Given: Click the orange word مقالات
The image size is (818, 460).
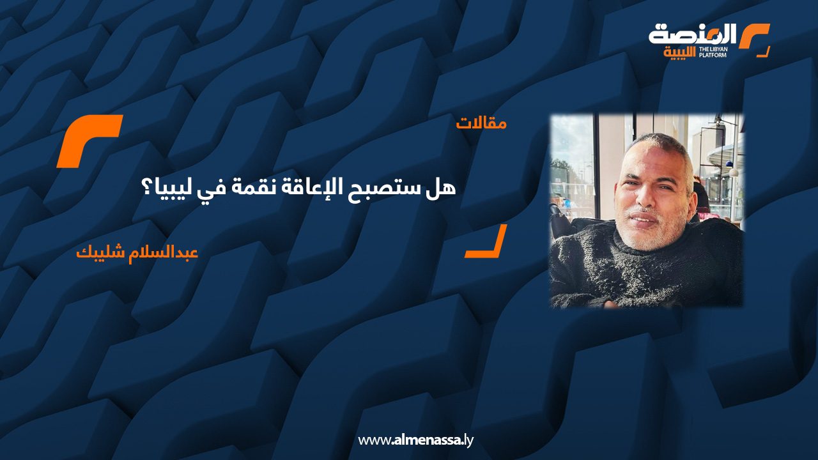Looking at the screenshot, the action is pos(481,123).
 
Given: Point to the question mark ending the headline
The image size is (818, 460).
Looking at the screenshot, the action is pos(148,188).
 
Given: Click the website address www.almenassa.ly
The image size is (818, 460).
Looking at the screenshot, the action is pos(415,440).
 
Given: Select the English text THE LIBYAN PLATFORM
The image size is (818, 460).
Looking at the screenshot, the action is pos(713,52).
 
